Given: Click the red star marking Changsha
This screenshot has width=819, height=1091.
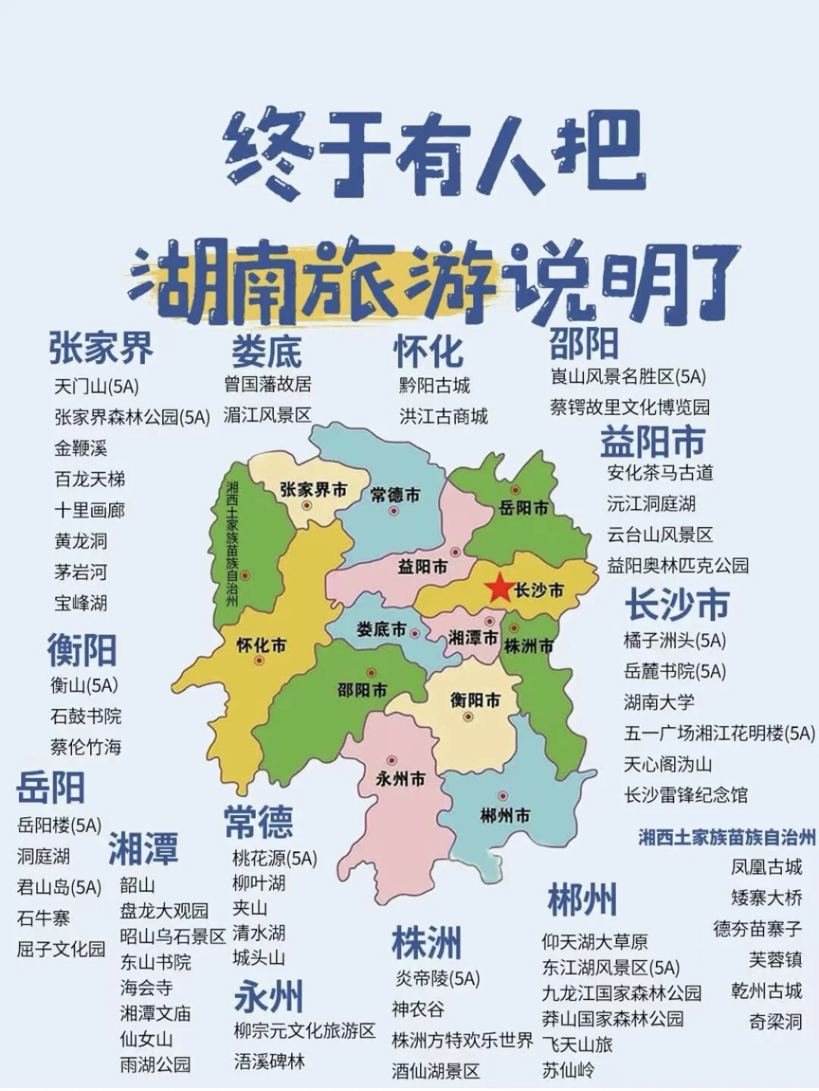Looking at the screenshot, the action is point(499,588).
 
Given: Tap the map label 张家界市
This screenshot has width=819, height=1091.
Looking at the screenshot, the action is point(313,490).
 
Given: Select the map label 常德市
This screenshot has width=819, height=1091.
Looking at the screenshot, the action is point(395,495).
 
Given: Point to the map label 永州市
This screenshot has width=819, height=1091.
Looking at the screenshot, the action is point(400,778).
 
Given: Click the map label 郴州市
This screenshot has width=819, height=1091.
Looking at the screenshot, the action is point(505,815).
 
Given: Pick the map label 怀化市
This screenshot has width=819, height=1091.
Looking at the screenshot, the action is point(262,645).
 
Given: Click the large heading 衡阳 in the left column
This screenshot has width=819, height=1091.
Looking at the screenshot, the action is point(82,650).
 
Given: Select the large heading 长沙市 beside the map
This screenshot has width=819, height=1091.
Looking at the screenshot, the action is point(676,604).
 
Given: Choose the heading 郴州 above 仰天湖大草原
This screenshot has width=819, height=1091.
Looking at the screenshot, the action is point(582,900).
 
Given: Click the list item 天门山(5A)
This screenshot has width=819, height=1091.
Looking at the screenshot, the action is point(96,386).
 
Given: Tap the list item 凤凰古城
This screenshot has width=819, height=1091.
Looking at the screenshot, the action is point(766,867).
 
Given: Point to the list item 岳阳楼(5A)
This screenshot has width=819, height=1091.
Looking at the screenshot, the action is point(59,825).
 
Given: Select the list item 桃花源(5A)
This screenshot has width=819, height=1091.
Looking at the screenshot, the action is point(275,857).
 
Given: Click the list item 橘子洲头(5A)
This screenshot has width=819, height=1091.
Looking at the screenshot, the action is point(674,641).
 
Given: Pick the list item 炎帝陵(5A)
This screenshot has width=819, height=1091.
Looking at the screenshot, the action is point(438,979).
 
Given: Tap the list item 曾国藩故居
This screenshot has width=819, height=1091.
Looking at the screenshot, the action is point(267,384).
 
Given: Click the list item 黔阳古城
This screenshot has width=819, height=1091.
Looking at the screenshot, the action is point(435,385).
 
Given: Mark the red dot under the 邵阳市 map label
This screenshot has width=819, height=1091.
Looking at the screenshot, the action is point(371,672).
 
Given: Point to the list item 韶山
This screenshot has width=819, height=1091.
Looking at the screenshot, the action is point(137,885).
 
